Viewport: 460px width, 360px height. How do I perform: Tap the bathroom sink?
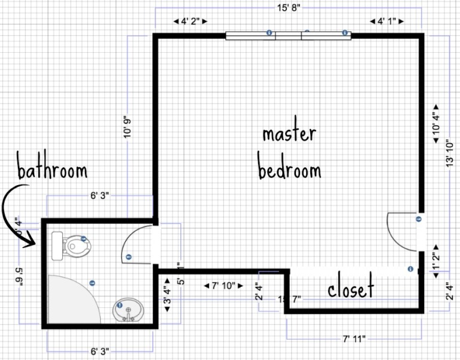(127, 311)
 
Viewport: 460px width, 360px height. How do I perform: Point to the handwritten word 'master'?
(289, 134)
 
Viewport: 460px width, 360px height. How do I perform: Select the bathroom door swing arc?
(136, 244)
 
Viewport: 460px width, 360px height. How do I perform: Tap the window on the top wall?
(288, 35)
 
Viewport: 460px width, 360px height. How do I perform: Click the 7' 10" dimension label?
(224, 286)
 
